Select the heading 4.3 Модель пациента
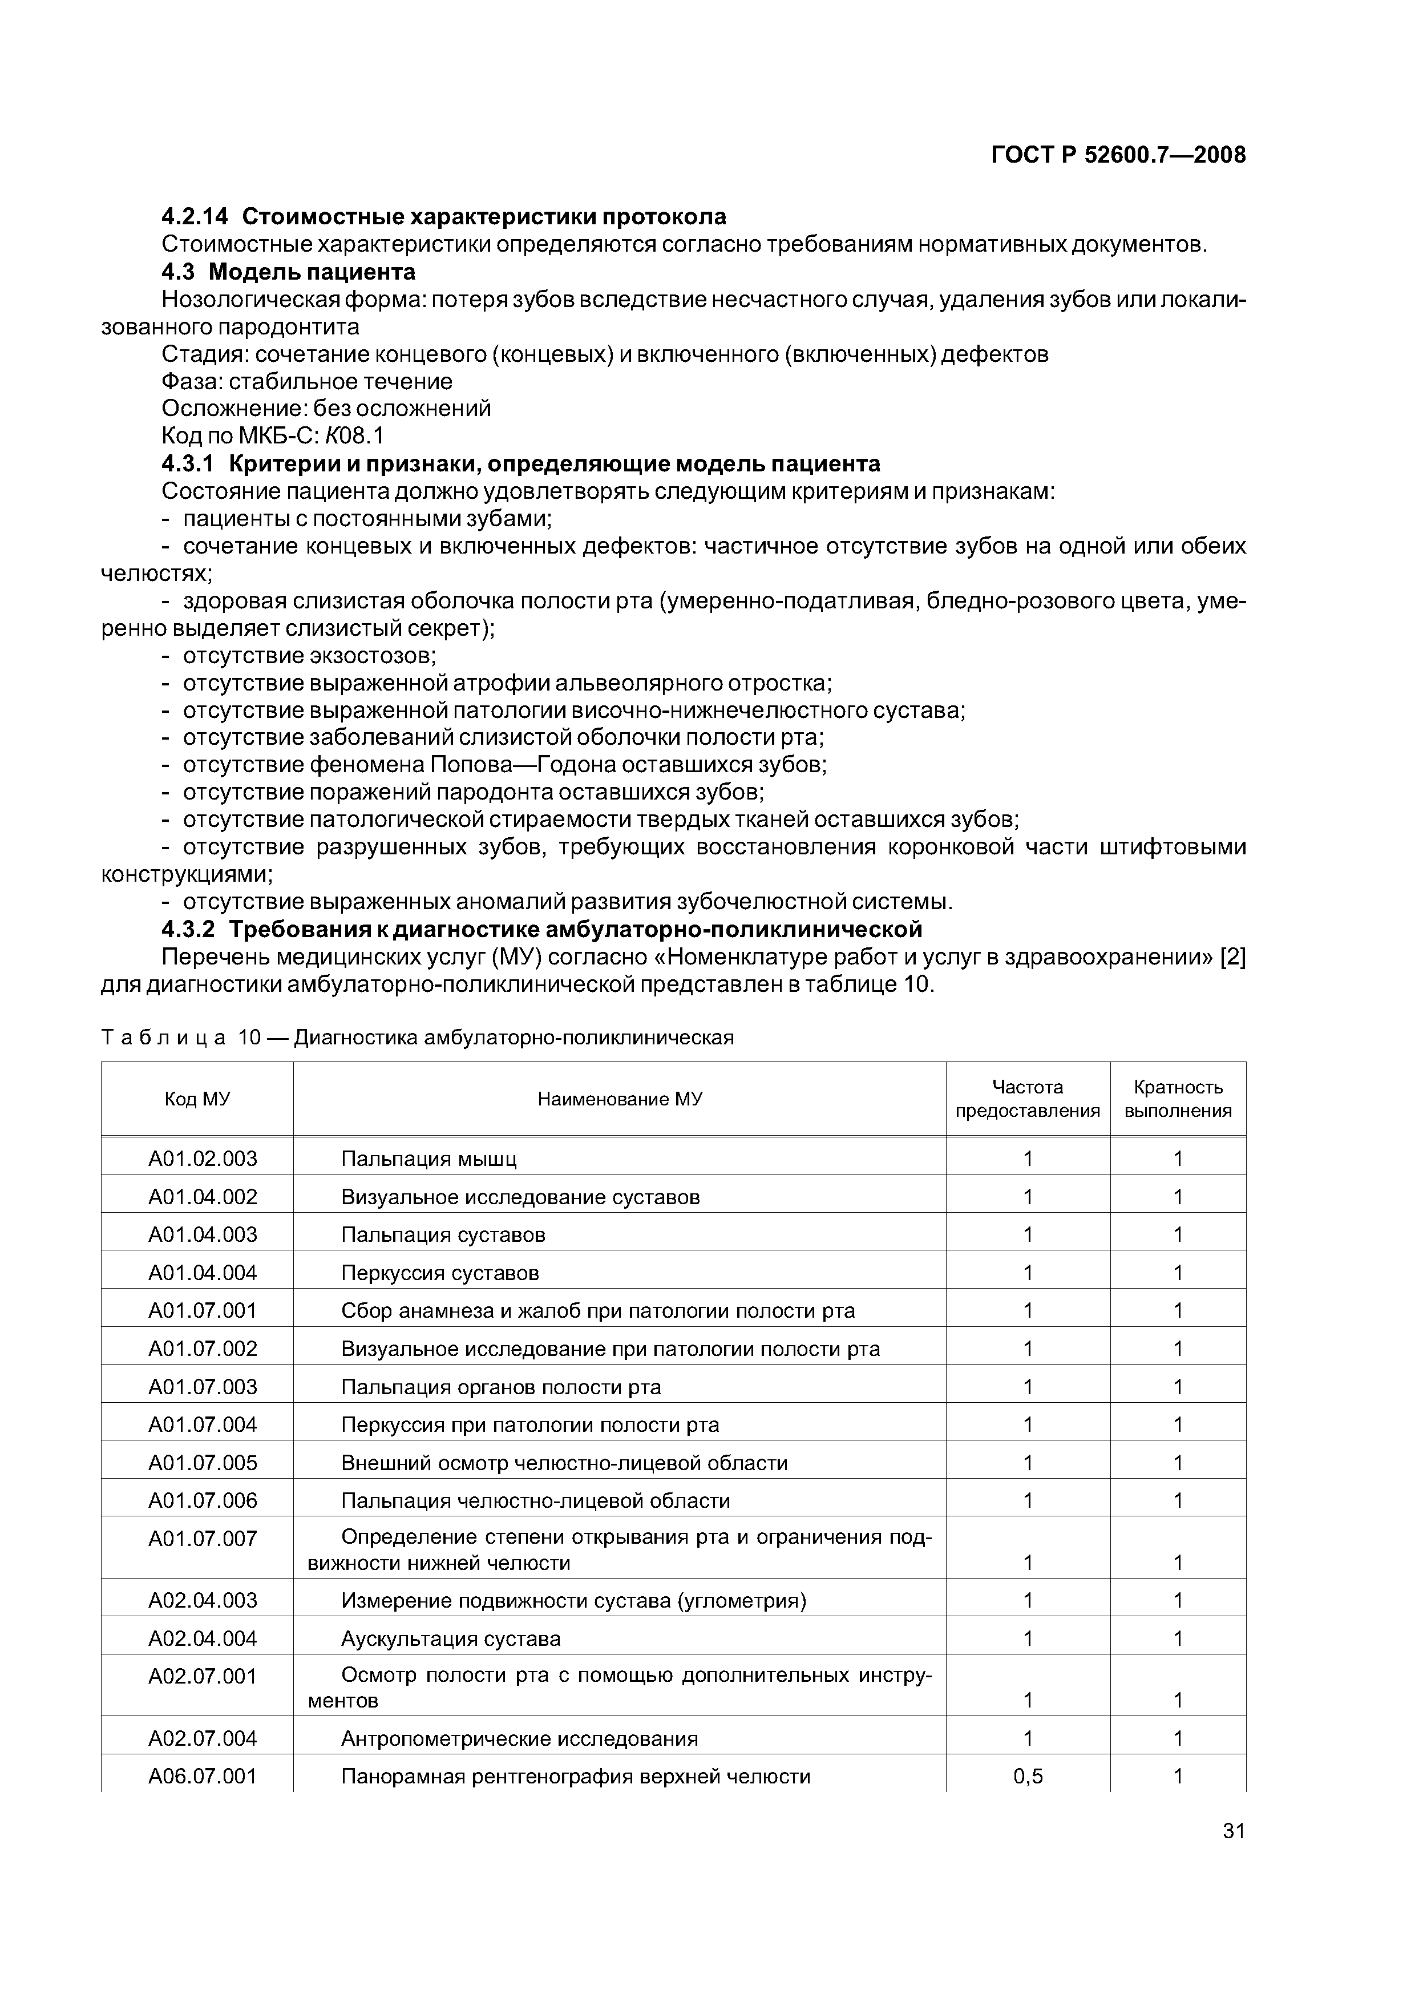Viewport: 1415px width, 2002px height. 289,272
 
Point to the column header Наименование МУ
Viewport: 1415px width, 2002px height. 619,1099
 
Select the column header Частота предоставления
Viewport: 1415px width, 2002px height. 1028,1099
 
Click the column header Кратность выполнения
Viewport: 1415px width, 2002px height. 1178,1099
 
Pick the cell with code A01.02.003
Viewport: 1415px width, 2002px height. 203,1159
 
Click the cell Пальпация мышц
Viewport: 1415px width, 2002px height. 429,1159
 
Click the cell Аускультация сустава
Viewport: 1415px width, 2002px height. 451,1638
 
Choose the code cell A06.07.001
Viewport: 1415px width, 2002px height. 203,1776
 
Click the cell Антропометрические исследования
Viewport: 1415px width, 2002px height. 520,1739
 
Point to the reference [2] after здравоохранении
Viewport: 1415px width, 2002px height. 1232,958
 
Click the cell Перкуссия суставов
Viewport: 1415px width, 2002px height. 440,1273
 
